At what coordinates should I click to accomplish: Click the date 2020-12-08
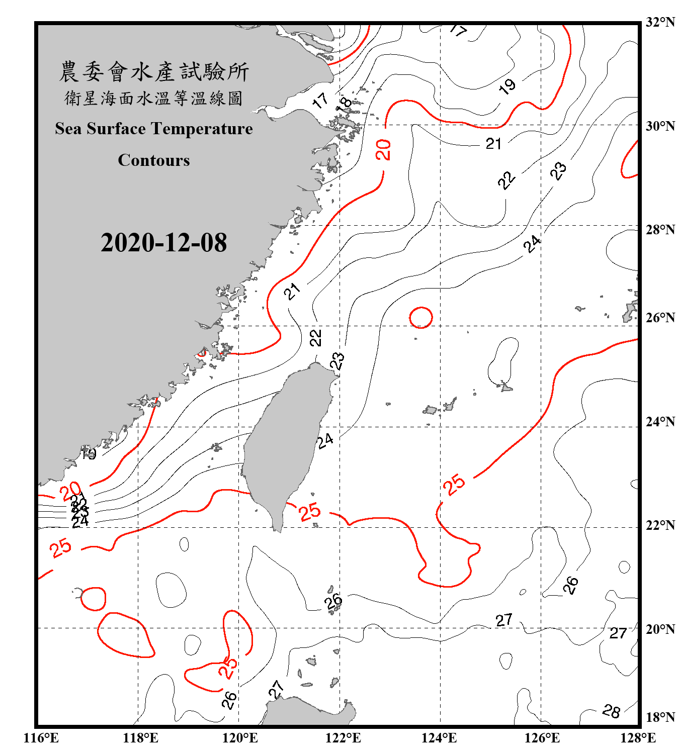pos(163,243)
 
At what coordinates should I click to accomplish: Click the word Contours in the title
pos(154,160)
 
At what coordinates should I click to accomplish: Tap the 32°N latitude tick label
pos(660,22)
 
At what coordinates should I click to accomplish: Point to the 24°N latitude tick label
pos(660,421)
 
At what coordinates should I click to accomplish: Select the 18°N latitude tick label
pos(660,717)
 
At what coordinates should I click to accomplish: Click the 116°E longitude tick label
pos(41,738)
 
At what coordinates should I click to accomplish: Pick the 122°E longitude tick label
pos(343,738)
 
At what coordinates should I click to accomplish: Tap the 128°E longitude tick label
pos(638,738)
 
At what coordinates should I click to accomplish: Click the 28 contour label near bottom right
pos(611,711)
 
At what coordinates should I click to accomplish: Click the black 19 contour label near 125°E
pos(507,86)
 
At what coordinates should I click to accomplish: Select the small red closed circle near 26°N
pos(421,318)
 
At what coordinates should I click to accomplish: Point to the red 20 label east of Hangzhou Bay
pos(383,150)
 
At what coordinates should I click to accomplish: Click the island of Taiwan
pos(287,437)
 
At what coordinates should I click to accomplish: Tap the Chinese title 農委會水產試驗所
pos(154,71)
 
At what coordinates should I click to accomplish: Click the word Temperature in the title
pos(201,129)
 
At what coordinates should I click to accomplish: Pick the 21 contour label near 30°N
pos(493,144)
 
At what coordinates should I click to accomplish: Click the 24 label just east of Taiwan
pos(325,441)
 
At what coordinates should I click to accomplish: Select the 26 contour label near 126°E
pos(570,585)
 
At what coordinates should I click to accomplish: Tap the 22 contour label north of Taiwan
pos(315,338)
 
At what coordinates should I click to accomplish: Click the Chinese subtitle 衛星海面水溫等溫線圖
pos(154,98)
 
